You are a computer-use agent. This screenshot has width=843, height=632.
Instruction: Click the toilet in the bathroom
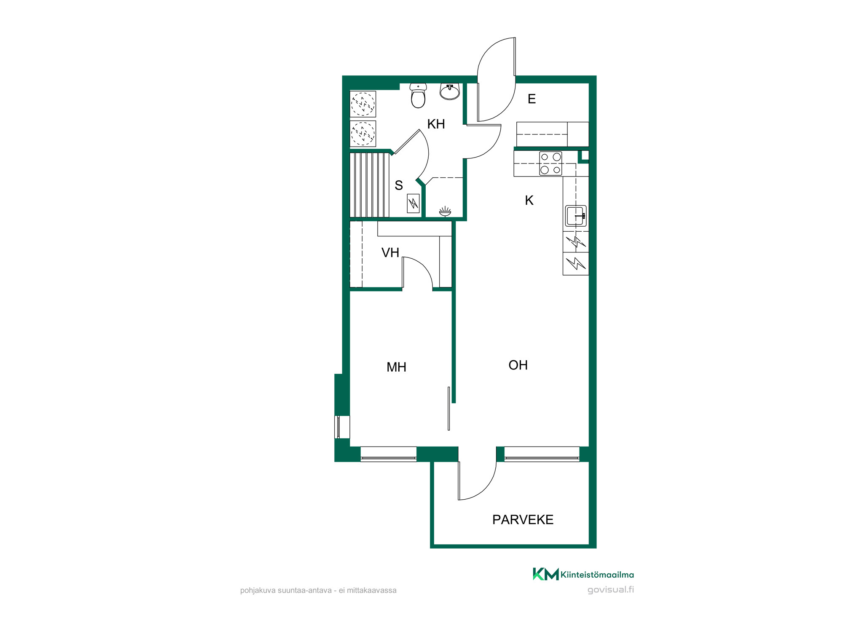[418, 96]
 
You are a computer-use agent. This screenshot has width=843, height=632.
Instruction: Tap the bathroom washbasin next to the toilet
[450, 91]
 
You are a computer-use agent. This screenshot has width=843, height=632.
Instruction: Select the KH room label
[436, 124]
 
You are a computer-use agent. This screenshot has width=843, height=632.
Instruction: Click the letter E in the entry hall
[532, 99]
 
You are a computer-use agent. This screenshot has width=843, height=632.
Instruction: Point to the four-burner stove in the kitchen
[550, 163]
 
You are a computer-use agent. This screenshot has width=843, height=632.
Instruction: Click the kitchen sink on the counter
[576, 216]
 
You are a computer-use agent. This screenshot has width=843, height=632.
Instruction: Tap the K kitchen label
[529, 201]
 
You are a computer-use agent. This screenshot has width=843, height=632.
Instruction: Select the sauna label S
[399, 185]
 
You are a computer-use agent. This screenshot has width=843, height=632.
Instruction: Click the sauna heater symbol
[413, 204]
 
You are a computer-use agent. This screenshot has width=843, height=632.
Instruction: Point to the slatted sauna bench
[370, 185]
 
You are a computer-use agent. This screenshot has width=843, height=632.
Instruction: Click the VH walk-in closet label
[390, 253]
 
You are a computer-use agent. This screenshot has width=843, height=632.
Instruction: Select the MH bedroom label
[396, 367]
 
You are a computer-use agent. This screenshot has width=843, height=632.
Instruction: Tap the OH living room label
[518, 365]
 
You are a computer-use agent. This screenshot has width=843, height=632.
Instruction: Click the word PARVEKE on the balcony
[523, 520]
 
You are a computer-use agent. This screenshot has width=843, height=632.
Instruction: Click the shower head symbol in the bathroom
[445, 212]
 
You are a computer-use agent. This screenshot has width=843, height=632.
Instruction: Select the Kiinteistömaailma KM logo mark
[546, 574]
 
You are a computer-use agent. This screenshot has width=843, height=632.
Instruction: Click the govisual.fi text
[611, 590]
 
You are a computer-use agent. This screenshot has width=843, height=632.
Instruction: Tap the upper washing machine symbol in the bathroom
[363, 104]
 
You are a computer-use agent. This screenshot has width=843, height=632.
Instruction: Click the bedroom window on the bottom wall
[389, 454]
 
